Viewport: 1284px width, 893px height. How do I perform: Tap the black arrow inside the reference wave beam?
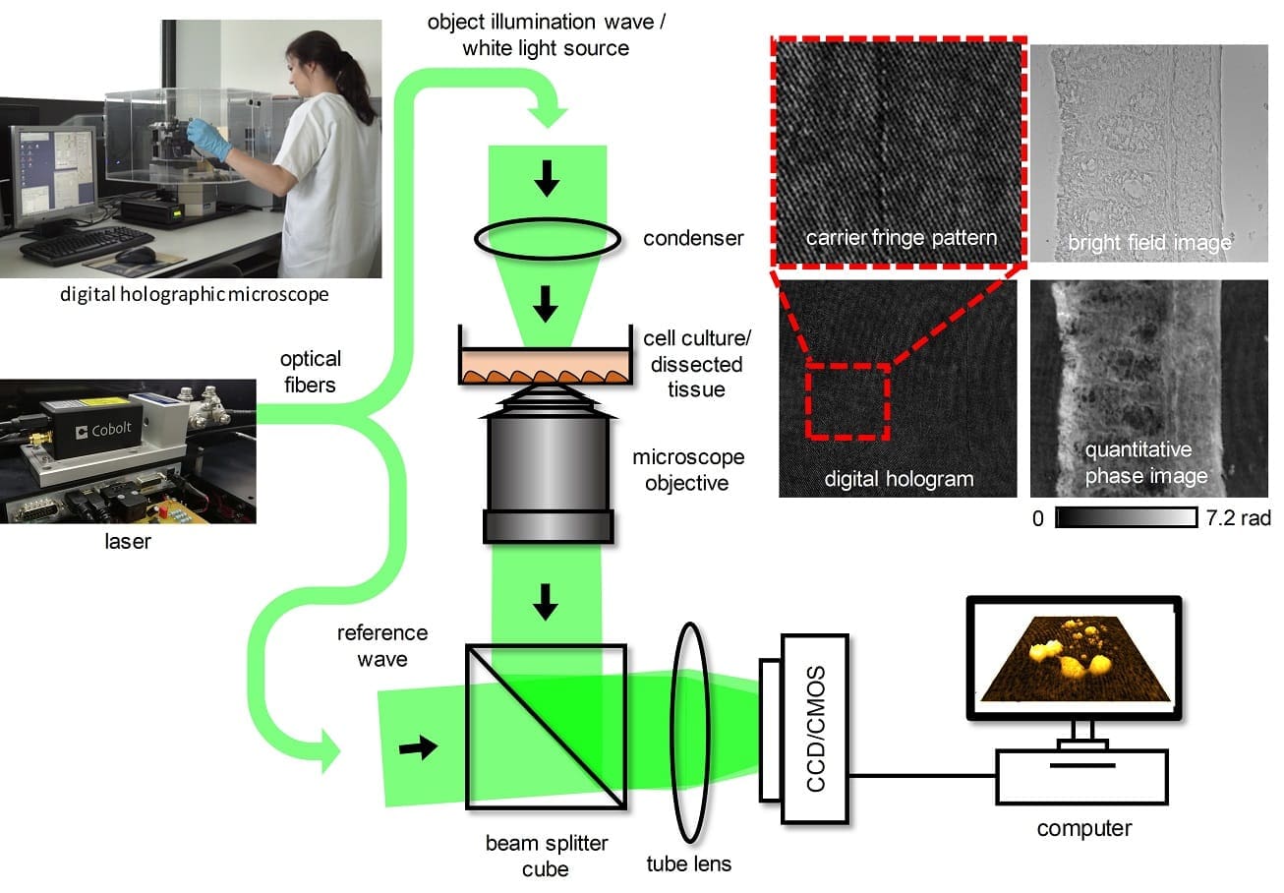coord(417,749)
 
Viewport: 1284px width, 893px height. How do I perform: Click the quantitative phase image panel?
coord(1148,388)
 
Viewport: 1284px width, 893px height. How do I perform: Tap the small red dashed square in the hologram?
coord(847,401)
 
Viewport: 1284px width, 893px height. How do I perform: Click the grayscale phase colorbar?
coord(1125,517)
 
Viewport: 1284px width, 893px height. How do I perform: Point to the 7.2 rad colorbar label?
coord(1237,518)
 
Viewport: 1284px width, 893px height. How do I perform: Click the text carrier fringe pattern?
coord(901,238)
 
